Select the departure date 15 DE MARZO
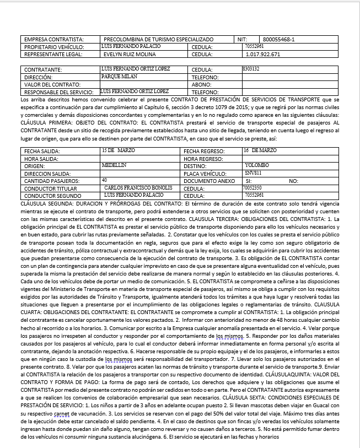[x=118, y=150]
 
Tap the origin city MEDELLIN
[x=115, y=165]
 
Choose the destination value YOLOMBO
[x=257, y=165]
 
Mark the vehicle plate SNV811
[x=252, y=172]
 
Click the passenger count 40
[x=105, y=180]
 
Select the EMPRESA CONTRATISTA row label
[x=53, y=40]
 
